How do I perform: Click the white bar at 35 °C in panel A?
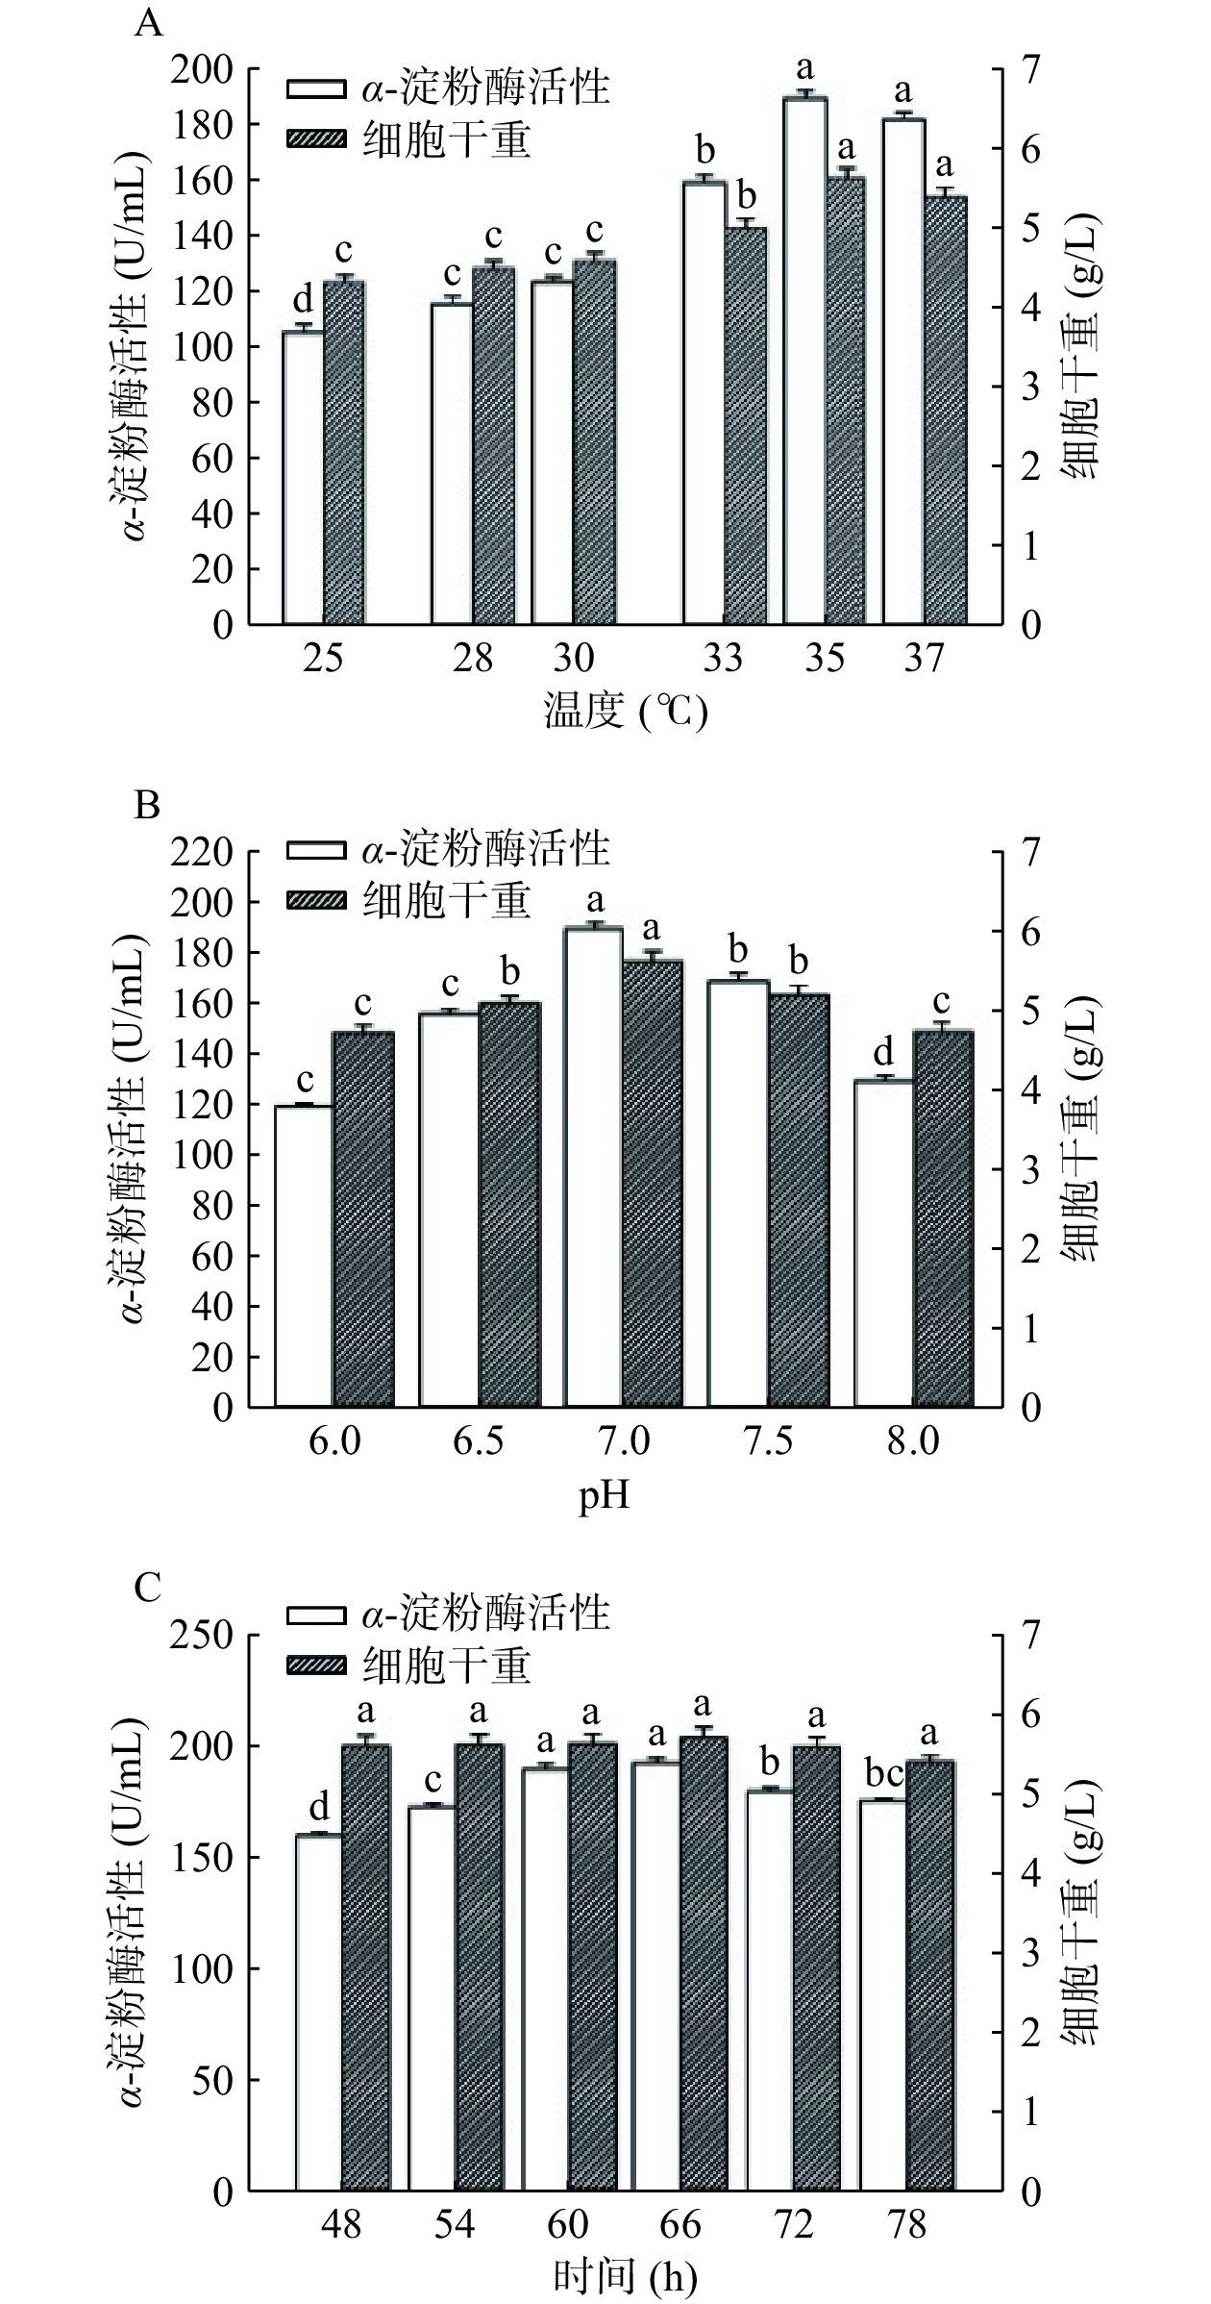pyautogui.click(x=805, y=361)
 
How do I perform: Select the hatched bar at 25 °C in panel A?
pyautogui.click(x=344, y=452)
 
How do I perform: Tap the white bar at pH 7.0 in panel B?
pyautogui.click(x=593, y=1166)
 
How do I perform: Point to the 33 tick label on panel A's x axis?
pyautogui.click(x=723, y=658)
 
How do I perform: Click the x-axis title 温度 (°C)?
pyautogui.click(x=626, y=714)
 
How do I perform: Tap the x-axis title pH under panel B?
pyautogui.click(x=604, y=1497)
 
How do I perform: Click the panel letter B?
pyautogui.click(x=146, y=804)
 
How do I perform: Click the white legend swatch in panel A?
pyautogui.click(x=316, y=88)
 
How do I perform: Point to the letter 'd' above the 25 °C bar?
pyautogui.click(x=303, y=302)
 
